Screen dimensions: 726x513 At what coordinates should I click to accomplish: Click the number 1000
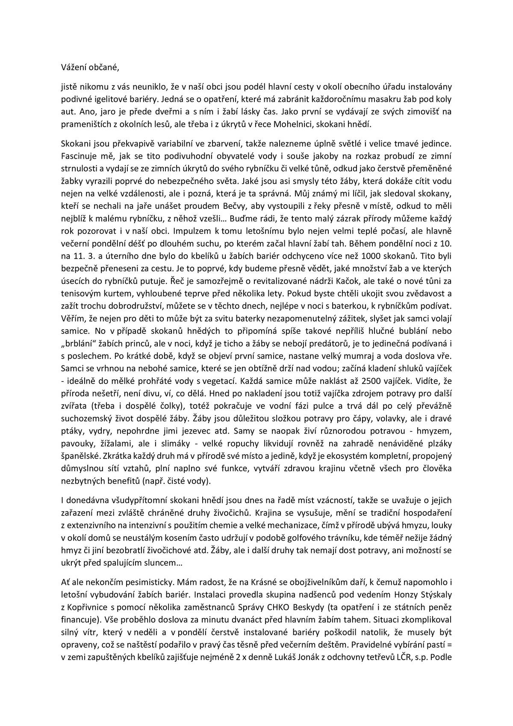pos(373,256)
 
